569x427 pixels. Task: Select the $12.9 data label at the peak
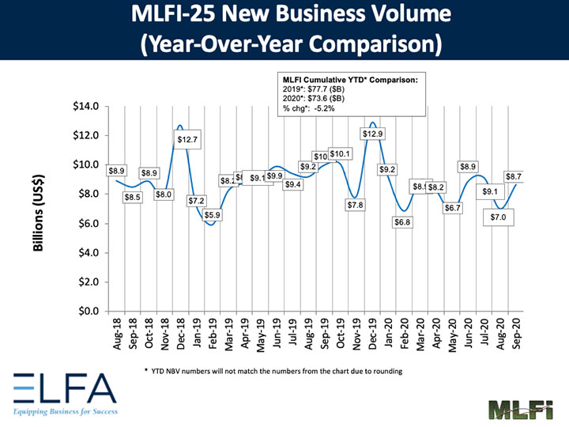pos(373,134)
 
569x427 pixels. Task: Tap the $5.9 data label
pos(213,215)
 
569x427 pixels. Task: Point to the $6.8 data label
pos(403,222)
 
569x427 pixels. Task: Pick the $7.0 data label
pos(499,216)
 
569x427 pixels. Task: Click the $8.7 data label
pos(513,177)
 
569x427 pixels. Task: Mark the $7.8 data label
pos(356,205)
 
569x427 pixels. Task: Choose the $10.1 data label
pos(340,153)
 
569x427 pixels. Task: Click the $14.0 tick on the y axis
pos(85,106)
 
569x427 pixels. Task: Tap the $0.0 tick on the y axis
pos(88,311)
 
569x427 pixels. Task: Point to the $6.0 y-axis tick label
pos(88,223)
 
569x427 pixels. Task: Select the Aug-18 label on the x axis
pos(117,334)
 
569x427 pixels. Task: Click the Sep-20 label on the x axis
pos(516,334)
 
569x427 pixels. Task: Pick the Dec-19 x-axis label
pos(372,334)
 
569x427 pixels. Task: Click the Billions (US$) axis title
pos(38,212)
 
